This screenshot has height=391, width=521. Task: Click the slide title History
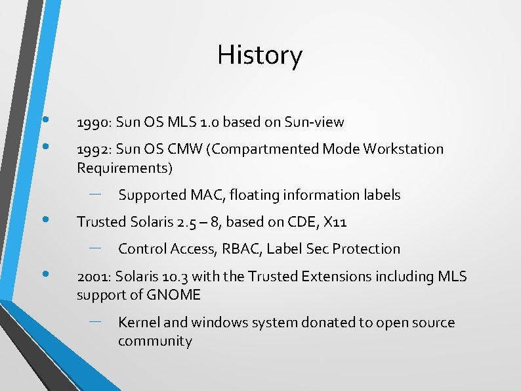[x=260, y=55]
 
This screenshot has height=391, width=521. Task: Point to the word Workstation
[x=400, y=149]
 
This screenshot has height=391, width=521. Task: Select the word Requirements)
[x=125, y=168]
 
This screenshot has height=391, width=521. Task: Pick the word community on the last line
[x=155, y=341]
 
